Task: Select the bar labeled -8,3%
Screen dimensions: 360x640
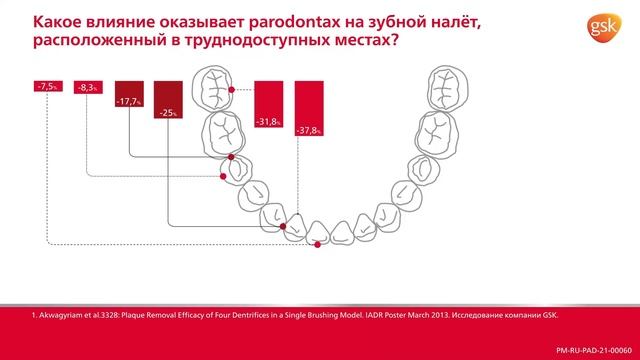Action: [x=87, y=89]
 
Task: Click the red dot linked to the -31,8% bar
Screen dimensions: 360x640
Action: [x=232, y=90]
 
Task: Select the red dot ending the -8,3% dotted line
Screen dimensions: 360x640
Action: [x=283, y=227]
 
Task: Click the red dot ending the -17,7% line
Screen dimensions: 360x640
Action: [x=221, y=176]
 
